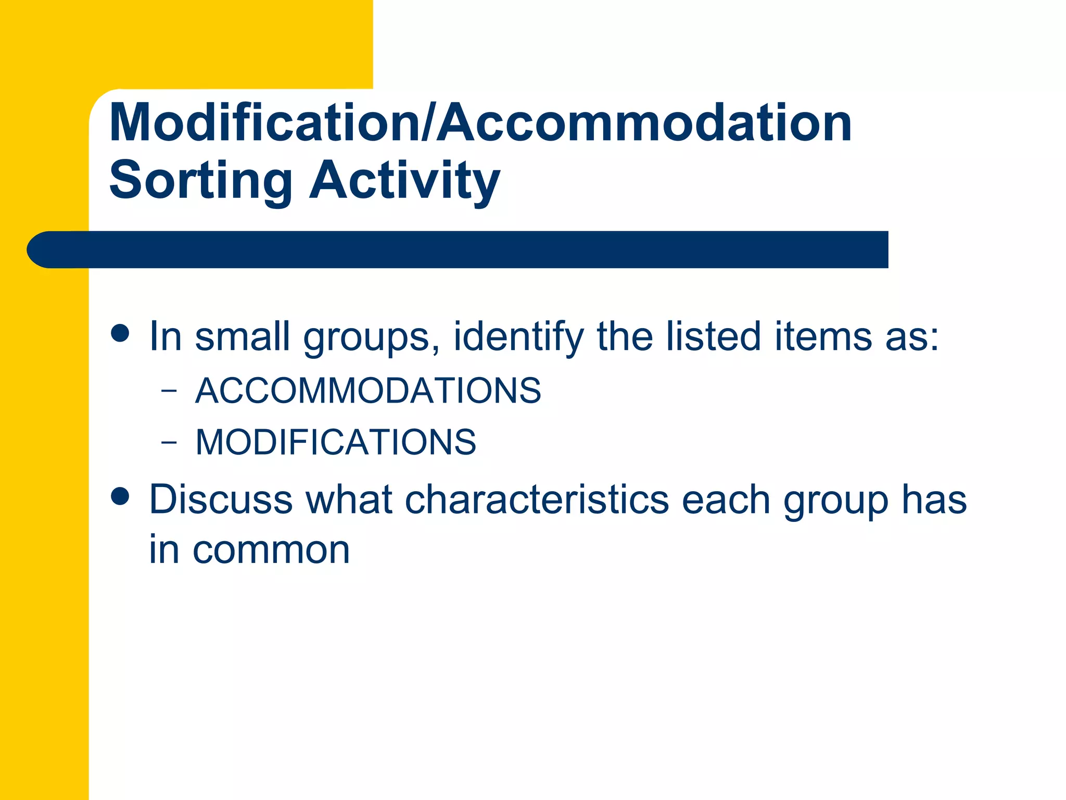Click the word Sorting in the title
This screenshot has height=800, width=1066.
(200, 181)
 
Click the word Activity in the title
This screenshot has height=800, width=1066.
(404, 181)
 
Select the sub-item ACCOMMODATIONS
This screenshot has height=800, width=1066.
(368, 390)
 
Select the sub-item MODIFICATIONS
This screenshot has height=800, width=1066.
(336, 442)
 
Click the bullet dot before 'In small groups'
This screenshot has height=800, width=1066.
(120, 333)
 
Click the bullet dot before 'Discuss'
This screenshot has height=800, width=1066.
(120, 496)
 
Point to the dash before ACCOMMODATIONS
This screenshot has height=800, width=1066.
(169, 391)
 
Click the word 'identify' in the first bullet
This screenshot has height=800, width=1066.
(518, 337)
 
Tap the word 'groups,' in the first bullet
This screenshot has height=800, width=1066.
(372, 337)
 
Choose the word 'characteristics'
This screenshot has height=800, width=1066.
(537, 499)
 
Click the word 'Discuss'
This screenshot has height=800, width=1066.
(221, 499)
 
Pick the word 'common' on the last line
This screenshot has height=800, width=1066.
(271, 550)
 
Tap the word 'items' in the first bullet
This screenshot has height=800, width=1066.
(823, 336)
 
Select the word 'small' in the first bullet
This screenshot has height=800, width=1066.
(242, 336)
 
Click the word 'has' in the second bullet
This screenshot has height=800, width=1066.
(934, 499)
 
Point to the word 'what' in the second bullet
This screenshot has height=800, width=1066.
(348, 499)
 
